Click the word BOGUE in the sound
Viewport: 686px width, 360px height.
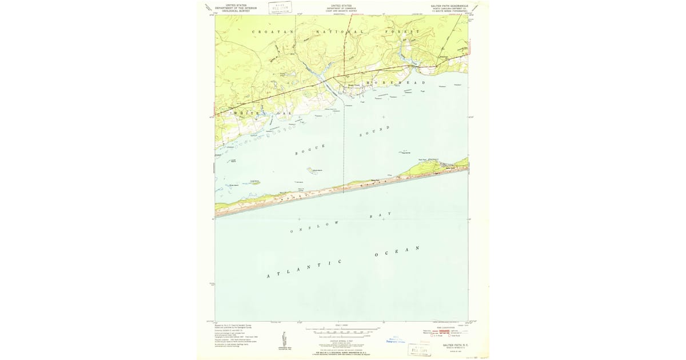click(x=310, y=150)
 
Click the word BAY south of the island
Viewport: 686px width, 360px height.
click(x=381, y=215)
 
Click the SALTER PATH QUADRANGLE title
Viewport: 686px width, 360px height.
click(x=449, y=5)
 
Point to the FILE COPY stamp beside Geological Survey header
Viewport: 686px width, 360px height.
click(x=280, y=8)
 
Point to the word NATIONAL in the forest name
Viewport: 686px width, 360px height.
click(x=340, y=31)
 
